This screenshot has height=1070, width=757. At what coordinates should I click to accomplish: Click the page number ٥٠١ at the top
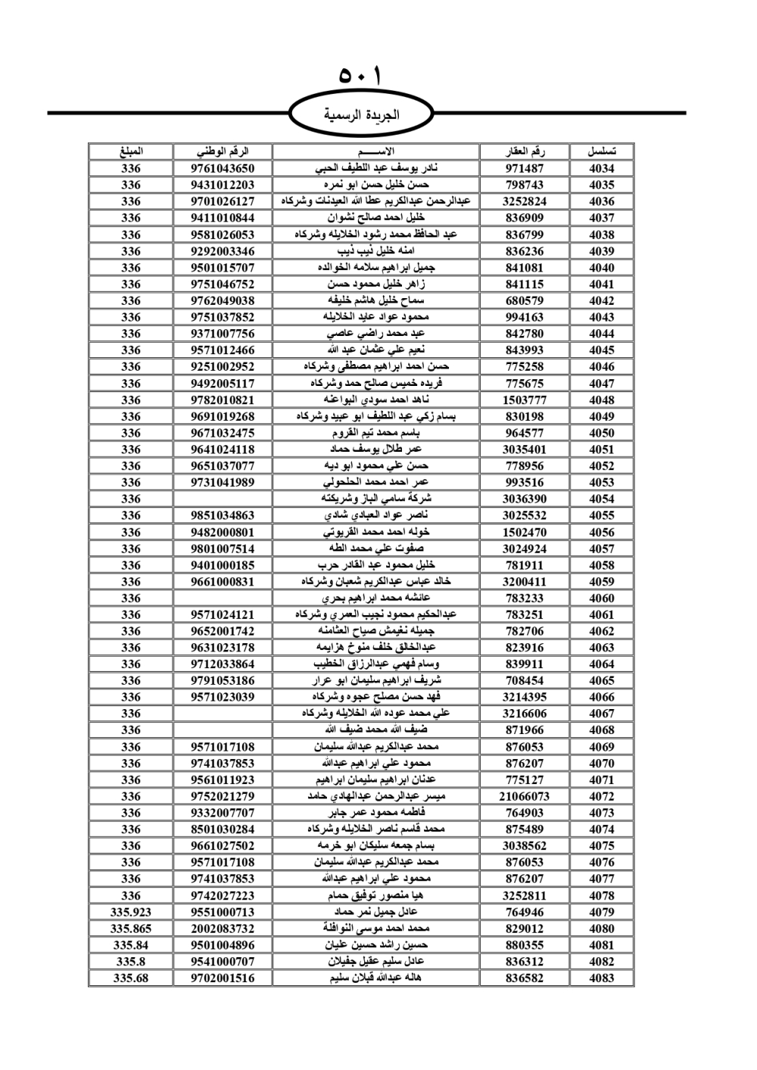(361, 77)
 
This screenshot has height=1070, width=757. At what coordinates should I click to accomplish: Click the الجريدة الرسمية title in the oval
(361, 116)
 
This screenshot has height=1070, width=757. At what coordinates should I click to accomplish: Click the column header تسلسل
(601, 151)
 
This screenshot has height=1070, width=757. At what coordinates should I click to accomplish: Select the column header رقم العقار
(525, 151)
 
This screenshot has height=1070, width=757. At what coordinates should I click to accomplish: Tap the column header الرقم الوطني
(223, 151)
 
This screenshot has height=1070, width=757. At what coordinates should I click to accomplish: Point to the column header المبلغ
(131, 151)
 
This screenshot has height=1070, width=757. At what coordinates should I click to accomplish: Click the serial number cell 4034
(601, 169)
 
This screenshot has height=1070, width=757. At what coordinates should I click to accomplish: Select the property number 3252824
(525, 201)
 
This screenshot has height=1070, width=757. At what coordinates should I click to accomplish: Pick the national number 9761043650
(223, 169)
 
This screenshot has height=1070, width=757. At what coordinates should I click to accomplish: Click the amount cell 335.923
(131, 912)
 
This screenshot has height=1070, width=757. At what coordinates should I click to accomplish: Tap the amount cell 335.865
(131, 928)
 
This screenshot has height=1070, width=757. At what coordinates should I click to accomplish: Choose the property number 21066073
(525, 796)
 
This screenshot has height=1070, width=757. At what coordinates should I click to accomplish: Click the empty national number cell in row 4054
(223, 499)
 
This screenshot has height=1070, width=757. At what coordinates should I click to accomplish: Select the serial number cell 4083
(601, 978)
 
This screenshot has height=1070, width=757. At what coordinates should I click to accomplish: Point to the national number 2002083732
(223, 928)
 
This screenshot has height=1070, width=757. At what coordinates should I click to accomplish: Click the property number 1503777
(525, 400)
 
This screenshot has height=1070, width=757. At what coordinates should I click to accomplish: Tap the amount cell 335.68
(131, 978)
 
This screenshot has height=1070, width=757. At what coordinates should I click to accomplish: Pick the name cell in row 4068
(375, 730)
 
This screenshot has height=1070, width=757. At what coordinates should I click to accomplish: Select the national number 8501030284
(223, 829)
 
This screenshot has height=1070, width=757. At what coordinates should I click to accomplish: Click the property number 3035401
(525, 449)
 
